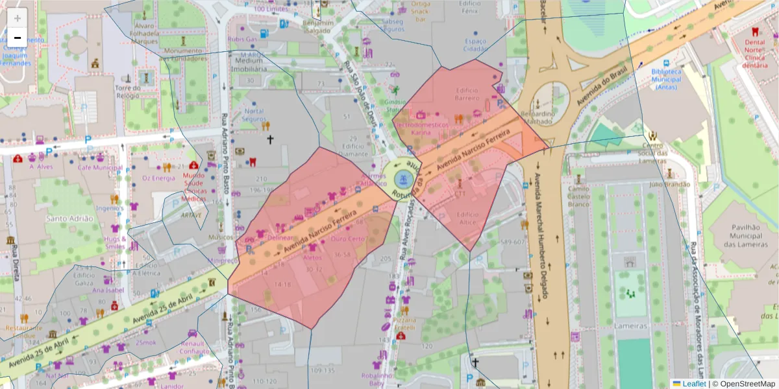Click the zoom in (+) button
click(x=18, y=18)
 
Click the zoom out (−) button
click(x=18, y=38)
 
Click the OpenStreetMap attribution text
click(x=743, y=383)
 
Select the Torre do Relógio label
click(x=127, y=91)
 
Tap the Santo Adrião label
click(x=69, y=218)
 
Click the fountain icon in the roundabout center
click(x=401, y=178)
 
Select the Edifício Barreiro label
click(x=466, y=94)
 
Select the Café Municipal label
click(x=100, y=167)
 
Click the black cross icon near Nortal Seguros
click(x=270, y=139)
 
